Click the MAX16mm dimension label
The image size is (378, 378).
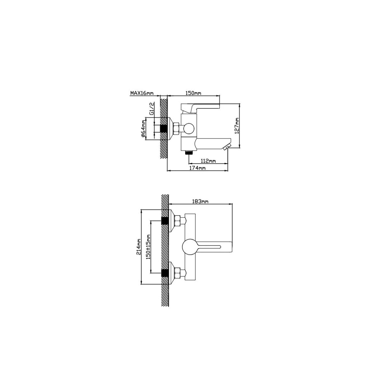(142, 93)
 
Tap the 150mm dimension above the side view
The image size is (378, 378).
(193, 93)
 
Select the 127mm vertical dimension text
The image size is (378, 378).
(237, 126)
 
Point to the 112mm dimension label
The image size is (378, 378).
(208, 161)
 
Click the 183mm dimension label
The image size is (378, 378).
(200, 202)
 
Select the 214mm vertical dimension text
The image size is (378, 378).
(139, 247)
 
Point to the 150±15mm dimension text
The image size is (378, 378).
(148, 247)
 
